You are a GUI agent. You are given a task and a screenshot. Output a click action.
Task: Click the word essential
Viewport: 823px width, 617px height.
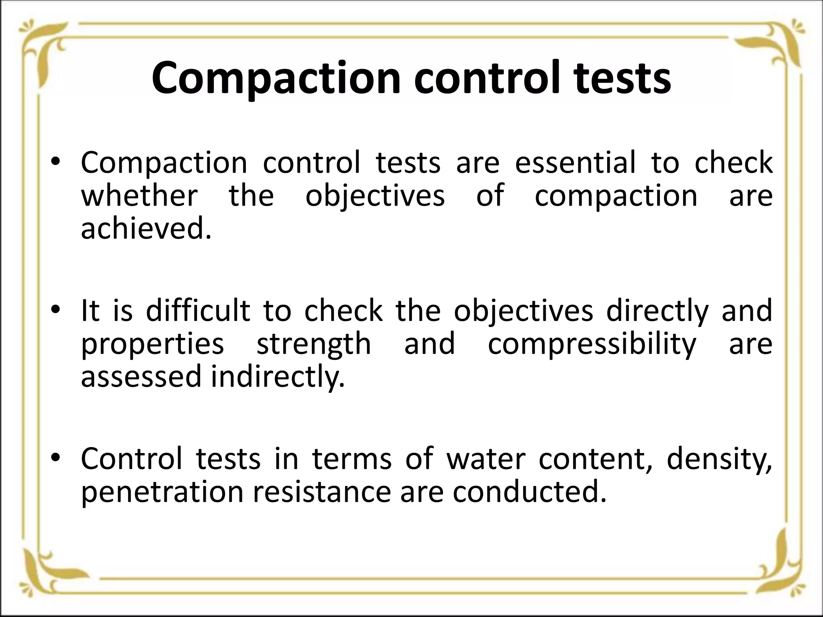(x=575, y=163)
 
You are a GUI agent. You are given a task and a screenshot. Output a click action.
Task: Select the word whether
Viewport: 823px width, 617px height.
(x=139, y=196)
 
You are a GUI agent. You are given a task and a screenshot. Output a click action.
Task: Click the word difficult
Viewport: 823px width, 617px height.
(x=198, y=311)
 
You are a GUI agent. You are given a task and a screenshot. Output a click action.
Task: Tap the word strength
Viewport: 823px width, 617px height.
(x=314, y=344)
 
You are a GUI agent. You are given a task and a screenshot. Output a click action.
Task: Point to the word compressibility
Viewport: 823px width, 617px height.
(x=592, y=344)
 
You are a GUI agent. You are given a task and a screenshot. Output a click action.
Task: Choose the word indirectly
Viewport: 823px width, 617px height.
(x=278, y=377)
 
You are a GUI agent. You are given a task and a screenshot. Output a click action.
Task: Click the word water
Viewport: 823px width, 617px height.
(x=486, y=458)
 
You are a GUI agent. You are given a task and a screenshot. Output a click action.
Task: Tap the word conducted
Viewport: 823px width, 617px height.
(x=529, y=492)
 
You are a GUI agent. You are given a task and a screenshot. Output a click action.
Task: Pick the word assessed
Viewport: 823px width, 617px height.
(x=141, y=377)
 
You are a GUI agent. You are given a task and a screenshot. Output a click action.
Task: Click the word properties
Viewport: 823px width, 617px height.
(x=152, y=344)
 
